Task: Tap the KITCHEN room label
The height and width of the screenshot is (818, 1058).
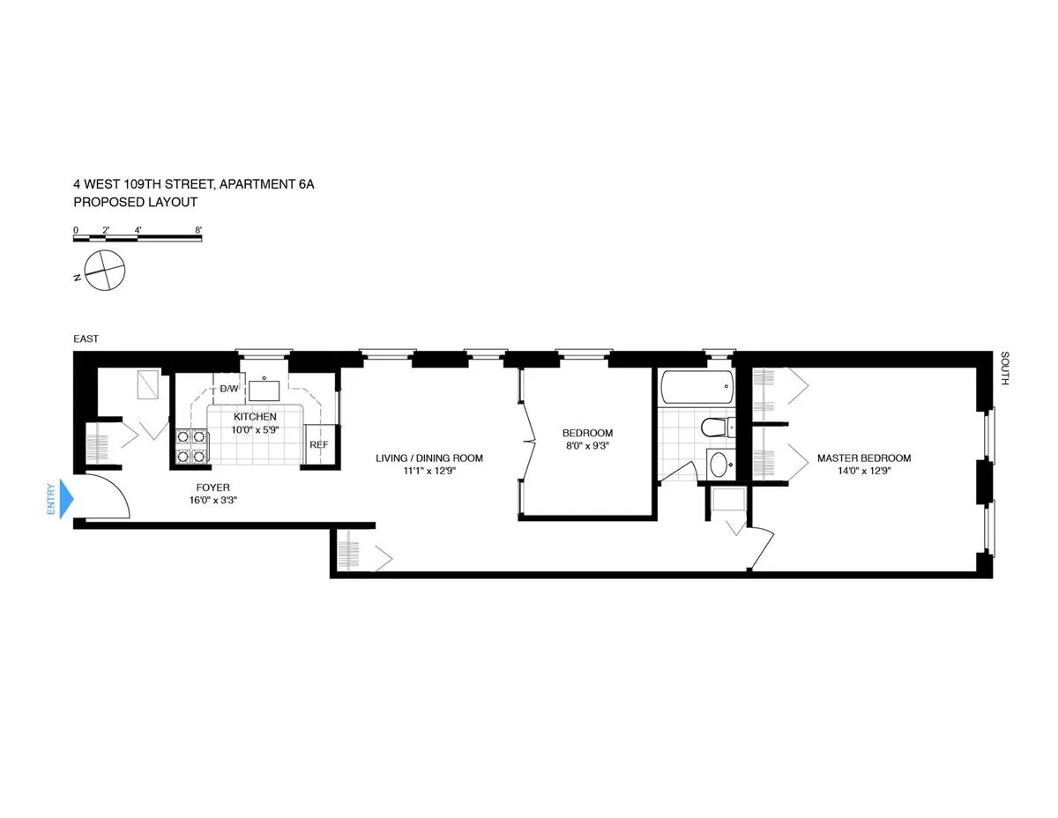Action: pos(255,417)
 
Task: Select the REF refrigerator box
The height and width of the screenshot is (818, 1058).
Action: pos(318,445)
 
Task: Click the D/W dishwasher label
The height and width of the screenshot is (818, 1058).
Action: pos(228,389)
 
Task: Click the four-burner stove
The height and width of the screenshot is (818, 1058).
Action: pos(191,446)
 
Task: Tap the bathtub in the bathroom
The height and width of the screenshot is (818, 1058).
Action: pos(697,387)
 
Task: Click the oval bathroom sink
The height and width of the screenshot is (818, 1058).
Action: pos(719,464)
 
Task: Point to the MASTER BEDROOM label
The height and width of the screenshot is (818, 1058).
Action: pos(863,458)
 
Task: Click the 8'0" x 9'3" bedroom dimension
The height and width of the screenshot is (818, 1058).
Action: pos(587,445)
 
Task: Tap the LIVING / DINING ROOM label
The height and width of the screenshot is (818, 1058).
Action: pos(429,458)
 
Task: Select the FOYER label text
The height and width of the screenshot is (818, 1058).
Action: pos(212,487)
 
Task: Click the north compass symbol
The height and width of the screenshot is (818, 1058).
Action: pos(104,270)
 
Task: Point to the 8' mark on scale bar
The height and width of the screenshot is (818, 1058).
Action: pos(199,230)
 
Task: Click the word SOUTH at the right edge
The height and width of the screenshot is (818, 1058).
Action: pos(1004,370)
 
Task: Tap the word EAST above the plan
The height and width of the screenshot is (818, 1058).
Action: pos(86,338)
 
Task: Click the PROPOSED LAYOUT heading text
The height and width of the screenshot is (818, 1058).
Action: pos(135,202)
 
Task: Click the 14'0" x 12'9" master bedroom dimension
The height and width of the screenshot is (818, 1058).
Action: pos(863,471)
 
